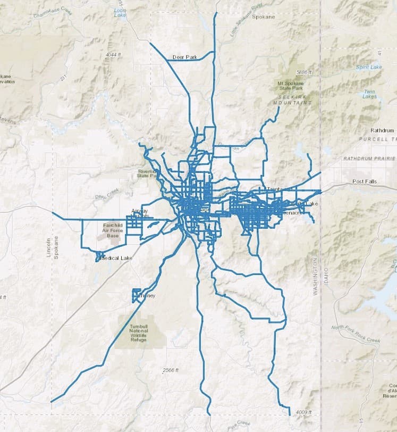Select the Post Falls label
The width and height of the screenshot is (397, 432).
point(364,181)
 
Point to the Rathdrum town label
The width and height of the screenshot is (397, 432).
point(382,130)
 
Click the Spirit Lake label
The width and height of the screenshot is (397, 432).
point(369,67)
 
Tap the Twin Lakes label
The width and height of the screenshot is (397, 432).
point(369,94)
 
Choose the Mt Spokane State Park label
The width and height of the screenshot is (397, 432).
point(292,87)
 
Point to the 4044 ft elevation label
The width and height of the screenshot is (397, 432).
point(114,55)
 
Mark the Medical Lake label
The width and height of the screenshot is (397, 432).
point(116,258)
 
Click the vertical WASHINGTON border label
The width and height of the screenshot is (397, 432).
point(315,277)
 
